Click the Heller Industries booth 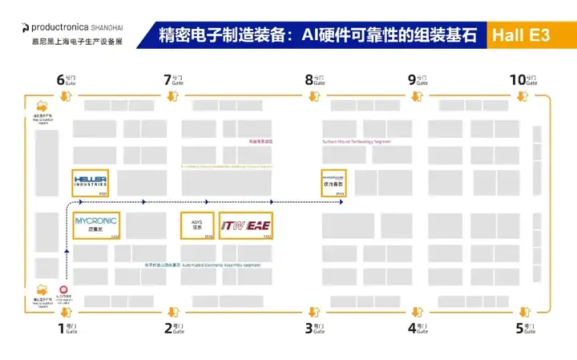[x=90, y=183]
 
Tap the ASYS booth [x=197, y=225]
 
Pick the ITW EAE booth [x=246, y=225]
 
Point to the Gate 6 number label [x=61, y=79]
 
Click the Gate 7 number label [x=167, y=79]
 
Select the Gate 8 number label [x=309, y=79]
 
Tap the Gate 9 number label [x=412, y=79]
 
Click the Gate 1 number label [x=61, y=327]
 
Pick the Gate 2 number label [x=167, y=327]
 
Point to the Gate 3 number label [x=309, y=327]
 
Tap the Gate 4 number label [x=412, y=327]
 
